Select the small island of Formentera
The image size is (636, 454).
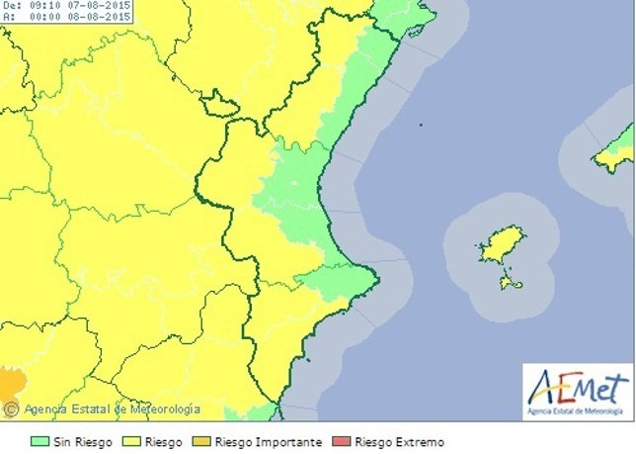[x=511, y=284]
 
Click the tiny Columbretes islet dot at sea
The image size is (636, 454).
[x=420, y=125]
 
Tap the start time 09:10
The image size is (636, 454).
[x=40, y=6]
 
